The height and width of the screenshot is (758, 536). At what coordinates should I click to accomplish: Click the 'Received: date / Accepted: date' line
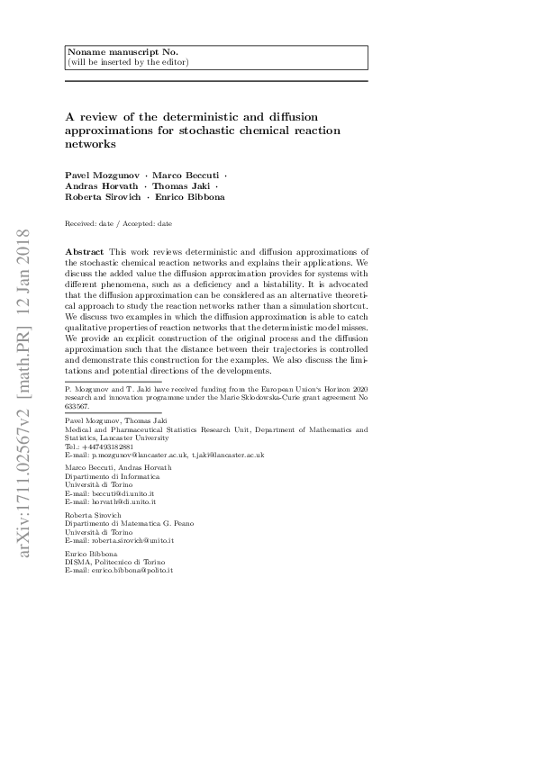(119, 223)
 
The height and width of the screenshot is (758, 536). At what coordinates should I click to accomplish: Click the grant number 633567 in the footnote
(79, 406)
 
